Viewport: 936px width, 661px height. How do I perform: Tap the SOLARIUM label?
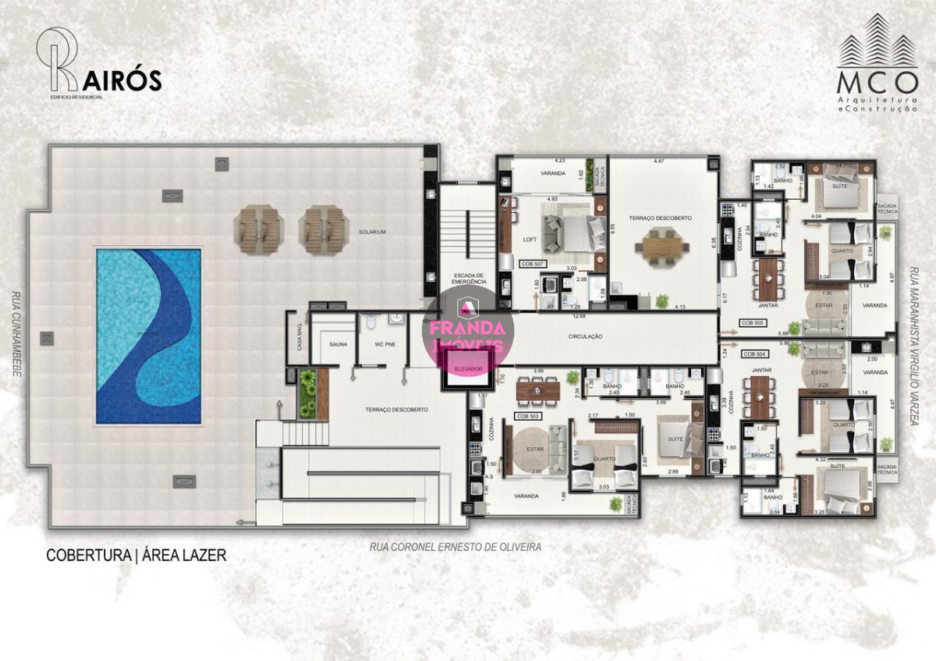[x=372, y=232]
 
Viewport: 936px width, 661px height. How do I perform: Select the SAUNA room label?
[x=339, y=343]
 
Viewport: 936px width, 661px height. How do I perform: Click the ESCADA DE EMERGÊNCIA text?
[x=470, y=279]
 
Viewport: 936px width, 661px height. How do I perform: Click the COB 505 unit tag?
[x=753, y=322]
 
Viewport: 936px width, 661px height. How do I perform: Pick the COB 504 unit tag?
[x=753, y=354]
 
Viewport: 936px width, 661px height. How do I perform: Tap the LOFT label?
[x=530, y=239]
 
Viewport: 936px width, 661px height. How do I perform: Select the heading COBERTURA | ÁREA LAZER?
[x=136, y=556]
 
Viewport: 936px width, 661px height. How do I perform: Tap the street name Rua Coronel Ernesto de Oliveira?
[x=455, y=548]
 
